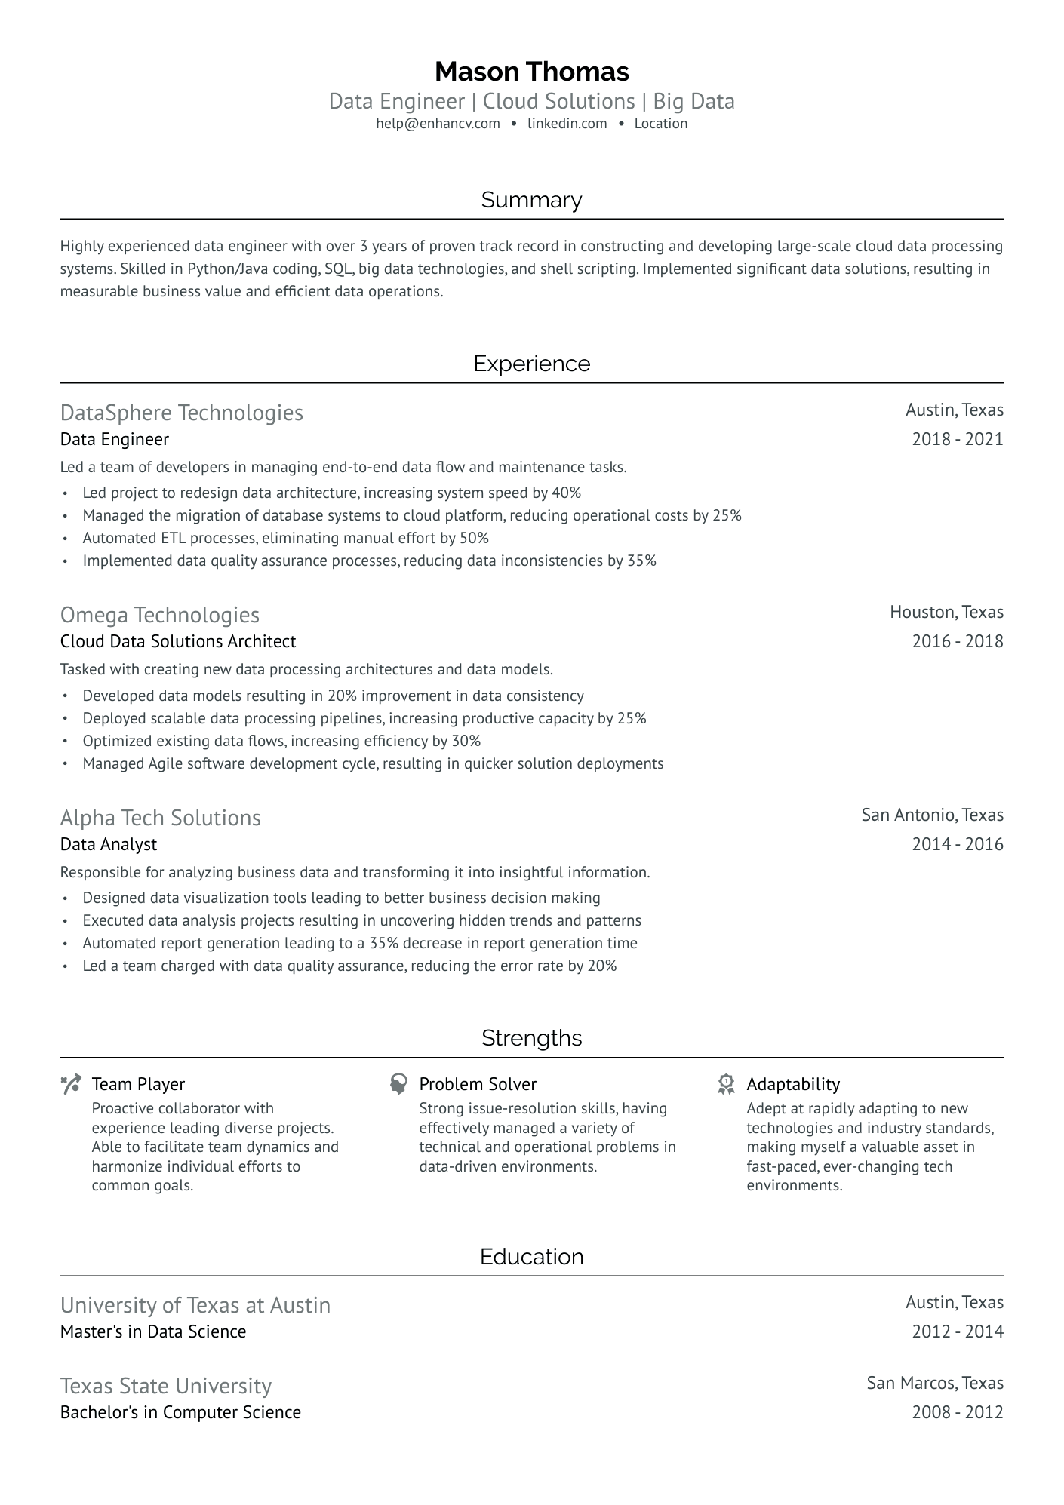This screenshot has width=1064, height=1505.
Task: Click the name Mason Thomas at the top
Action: pyautogui.click(x=531, y=72)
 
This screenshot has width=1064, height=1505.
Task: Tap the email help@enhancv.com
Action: pyautogui.click(x=438, y=124)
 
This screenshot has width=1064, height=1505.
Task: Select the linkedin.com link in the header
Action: pyautogui.click(x=567, y=124)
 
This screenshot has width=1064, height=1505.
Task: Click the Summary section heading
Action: pyautogui.click(x=531, y=200)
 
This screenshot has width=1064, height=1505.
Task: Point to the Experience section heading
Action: pyautogui.click(x=531, y=364)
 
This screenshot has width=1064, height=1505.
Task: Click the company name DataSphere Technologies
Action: pyautogui.click(x=181, y=413)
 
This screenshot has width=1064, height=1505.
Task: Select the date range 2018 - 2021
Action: pyautogui.click(x=957, y=439)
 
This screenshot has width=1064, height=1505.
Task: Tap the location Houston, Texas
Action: pyautogui.click(x=946, y=612)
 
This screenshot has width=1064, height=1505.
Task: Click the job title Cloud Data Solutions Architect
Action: pyautogui.click(x=178, y=641)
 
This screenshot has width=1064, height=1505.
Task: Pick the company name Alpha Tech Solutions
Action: pyautogui.click(x=160, y=818)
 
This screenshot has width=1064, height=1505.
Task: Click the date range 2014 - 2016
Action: pyautogui.click(x=957, y=844)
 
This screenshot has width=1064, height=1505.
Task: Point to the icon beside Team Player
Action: pyautogui.click(x=71, y=1085)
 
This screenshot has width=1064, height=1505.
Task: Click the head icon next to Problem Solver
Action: pyautogui.click(x=398, y=1085)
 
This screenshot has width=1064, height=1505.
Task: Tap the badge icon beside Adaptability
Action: pyautogui.click(x=726, y=1085)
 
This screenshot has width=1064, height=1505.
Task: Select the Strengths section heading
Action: pyautogui.click(x=531, y=1038)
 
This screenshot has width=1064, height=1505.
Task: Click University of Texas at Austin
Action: pyautogui.click(x=195, y=1305)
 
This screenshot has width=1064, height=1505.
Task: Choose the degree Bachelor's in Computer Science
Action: pyautogui.click(x=180, y=1412)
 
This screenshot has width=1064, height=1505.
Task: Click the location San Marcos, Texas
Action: pyautogui.click(x=935, y=1383)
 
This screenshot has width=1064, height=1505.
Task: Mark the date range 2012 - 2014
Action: pyautogui.click(x=957, y=1331)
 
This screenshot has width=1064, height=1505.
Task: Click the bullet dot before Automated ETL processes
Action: pyautogui.click(x=66, y=539)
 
